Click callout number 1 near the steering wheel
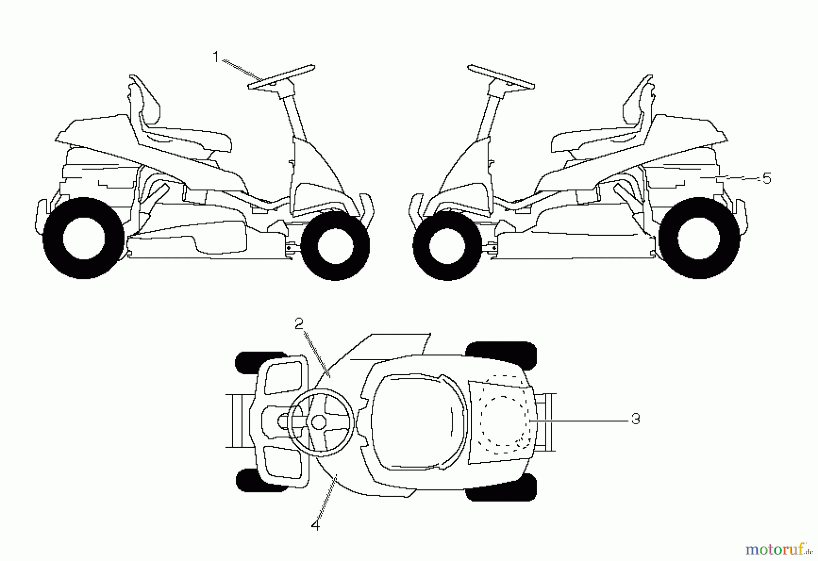216,57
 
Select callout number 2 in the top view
299,324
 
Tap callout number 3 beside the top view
636,419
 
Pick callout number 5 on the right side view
767,179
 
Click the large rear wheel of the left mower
84,238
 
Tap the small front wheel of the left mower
335,246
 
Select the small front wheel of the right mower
447,246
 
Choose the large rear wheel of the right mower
699,238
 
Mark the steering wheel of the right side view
501,77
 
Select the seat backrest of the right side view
638,100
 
